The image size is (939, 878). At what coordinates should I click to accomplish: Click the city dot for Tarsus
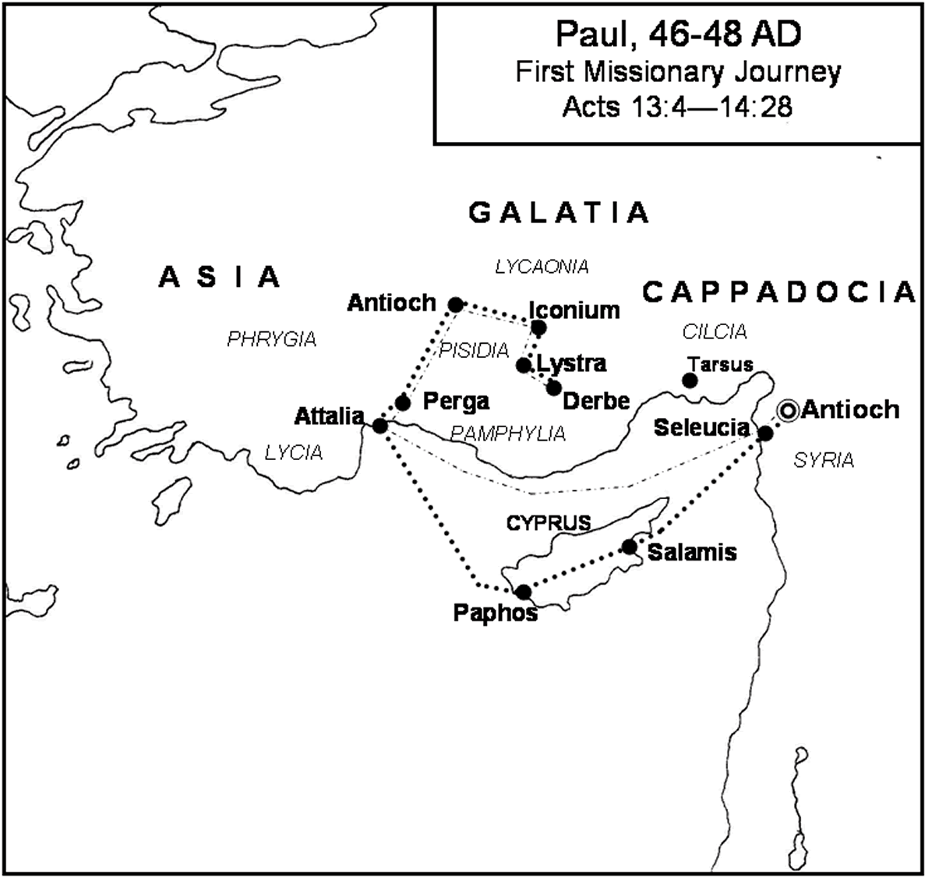[690, 381]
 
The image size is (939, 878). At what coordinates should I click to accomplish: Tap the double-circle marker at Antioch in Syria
[788, 410]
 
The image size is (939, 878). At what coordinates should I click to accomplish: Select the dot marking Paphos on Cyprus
[524, 592]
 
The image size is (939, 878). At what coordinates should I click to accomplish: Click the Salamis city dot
[630, 547]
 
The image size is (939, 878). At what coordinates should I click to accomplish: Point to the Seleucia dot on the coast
[765, 434]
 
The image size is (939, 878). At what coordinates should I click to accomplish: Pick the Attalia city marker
[379, 426]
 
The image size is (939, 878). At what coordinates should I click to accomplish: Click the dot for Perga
[403, 402]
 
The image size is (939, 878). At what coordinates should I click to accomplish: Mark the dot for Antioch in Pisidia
[456, 303]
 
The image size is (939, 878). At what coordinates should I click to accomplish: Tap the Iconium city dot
[538, 327]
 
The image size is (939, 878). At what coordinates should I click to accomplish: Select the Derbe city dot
[554, 387]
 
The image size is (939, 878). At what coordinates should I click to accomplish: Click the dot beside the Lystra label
[524, 365]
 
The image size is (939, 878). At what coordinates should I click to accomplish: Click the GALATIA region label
[559, 212]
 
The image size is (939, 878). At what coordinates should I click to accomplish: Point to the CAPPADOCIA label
[778, 292]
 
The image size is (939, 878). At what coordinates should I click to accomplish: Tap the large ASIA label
[220, 276]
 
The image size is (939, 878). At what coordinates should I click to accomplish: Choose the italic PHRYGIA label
[271, 339]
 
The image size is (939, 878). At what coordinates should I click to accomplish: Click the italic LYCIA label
[294, 453]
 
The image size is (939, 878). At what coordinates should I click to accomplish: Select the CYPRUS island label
[549, 523]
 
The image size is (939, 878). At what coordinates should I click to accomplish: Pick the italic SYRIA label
[824, 461]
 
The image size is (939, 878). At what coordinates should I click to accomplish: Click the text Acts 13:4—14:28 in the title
[677, 106]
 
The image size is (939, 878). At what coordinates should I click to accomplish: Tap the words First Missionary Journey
[678, 72]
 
